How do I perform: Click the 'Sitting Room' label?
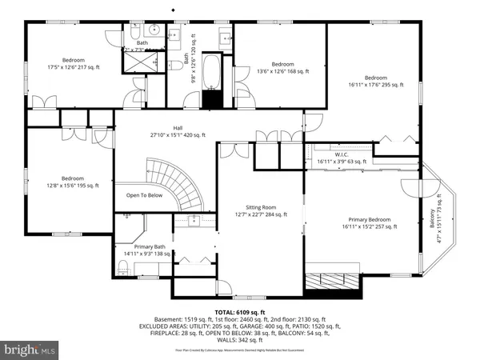pos(261,206)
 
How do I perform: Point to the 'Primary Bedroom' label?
pos(369,218)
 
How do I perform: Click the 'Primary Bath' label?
pos(150,247)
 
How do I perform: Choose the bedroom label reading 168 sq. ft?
pos(282,64)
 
